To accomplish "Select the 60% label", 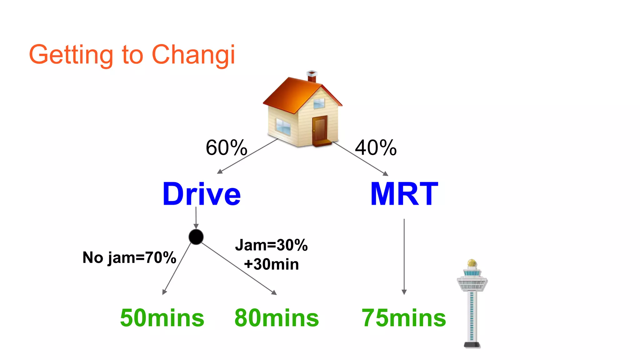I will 226,147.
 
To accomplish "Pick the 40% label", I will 376,147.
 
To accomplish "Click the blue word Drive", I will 202,194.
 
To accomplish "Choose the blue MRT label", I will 404,194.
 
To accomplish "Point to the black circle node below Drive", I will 196,237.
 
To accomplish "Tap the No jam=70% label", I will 129,258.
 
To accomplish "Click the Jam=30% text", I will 271,245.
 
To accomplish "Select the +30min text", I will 271,264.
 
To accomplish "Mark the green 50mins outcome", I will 162,318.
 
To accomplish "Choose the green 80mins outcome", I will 277,318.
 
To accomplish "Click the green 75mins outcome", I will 404,318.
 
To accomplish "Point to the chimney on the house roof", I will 312,76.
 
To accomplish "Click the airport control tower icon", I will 472,306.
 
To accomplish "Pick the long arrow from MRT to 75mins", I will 404,256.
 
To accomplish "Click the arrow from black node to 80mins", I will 239,268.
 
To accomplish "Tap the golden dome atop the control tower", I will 472,263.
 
